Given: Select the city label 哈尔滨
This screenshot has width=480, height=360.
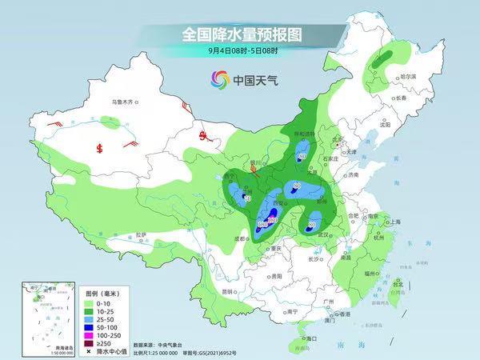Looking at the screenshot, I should [x=409, y=76].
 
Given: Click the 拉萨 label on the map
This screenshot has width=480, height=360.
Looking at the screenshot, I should [x=141, y=234].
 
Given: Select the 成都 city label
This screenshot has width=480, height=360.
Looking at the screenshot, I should [x=237, y=238].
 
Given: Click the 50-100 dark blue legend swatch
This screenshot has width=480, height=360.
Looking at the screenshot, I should [x=89, y=328].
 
